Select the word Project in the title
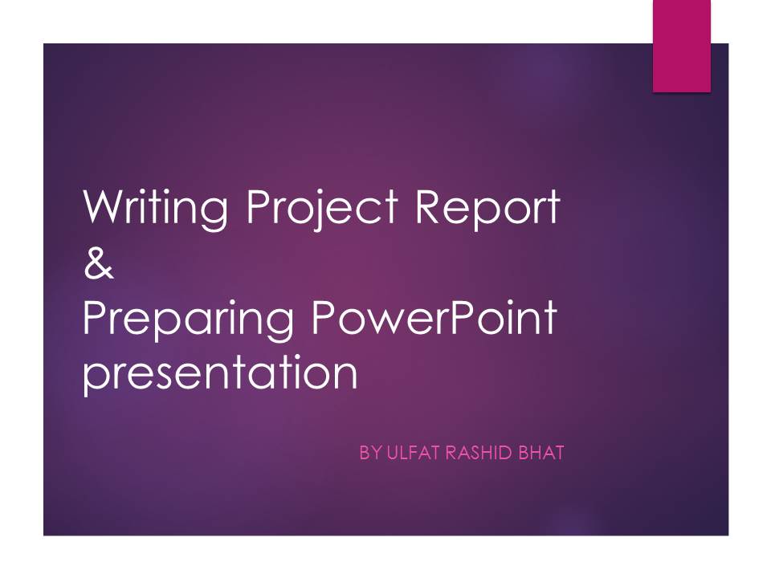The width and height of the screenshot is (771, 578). pos(322,208)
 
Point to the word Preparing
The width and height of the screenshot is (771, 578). pos(188,320)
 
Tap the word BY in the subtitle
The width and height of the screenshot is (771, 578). pos(370,453)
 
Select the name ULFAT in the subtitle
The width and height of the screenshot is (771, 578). pos(412,453)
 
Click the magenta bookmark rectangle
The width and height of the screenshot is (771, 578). pos(682,46)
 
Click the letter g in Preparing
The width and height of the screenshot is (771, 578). pos(279,324)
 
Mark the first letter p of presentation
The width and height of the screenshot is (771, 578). pos(96,378)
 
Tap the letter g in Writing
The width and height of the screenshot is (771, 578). pos(214,214)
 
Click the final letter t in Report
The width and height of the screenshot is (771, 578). pos(553,208)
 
